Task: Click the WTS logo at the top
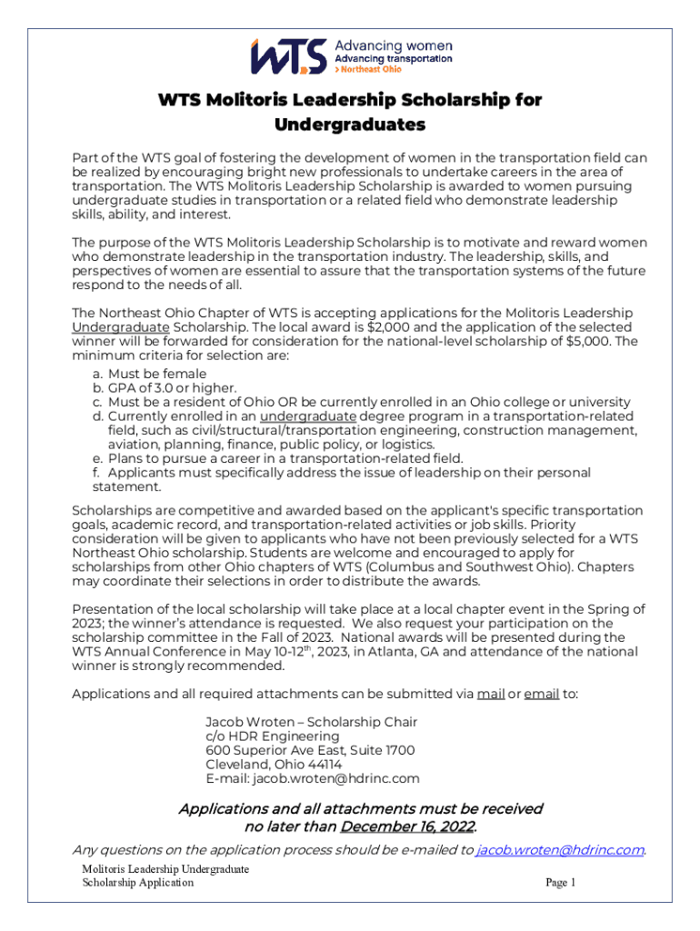pyautogui.click(x=287, y=56)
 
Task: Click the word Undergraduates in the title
pyautogui.click(x=350, y=124)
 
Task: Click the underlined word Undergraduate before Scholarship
pyautogui.click(x=121, y=326)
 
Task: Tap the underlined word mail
pyautogui.click(x=491, y=695)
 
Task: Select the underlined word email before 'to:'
pyautogui.click(x=541, y=695)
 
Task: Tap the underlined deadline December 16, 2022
pyautogui.click(x=407, y=827)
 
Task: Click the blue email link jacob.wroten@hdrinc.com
pyautogui.click(x=560, y=850)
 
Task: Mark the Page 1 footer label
pyautogui.click(x=560, y=883)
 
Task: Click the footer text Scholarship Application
pyautogui.click(x=137, y=883)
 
